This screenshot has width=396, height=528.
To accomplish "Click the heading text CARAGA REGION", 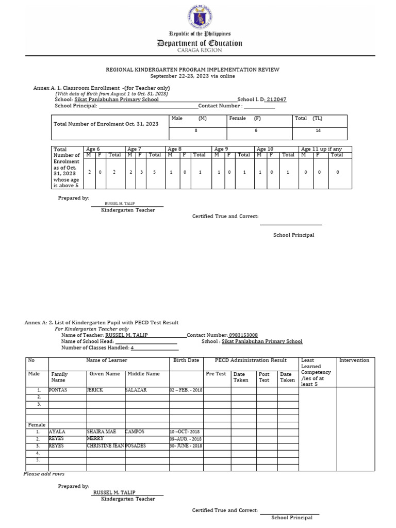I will [x=199, y=50].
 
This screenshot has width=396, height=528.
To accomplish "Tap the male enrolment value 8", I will [x=196, y=131].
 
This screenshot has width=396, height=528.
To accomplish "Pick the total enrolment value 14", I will [x=320, y=131].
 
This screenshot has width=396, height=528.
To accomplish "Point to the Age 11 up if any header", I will [x=321, y=149].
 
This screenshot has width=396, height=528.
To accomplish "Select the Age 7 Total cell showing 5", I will [x=154, y=172].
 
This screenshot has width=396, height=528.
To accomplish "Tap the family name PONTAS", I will [x=58, y=390].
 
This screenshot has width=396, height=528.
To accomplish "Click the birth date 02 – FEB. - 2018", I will [x=186, y=390].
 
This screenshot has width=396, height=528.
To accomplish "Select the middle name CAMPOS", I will [x=135, y=431].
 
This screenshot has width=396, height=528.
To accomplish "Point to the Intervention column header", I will [x=354, y=360].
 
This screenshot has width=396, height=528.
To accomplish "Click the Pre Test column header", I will [x=216, y=374].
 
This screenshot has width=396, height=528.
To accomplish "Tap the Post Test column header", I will [x=264, y=377].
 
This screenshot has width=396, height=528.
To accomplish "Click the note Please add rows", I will [x=44, y=474].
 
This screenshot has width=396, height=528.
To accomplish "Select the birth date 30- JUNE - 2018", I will [x=186, y=446].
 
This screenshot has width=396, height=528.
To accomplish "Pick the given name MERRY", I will [x=95, y=438].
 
